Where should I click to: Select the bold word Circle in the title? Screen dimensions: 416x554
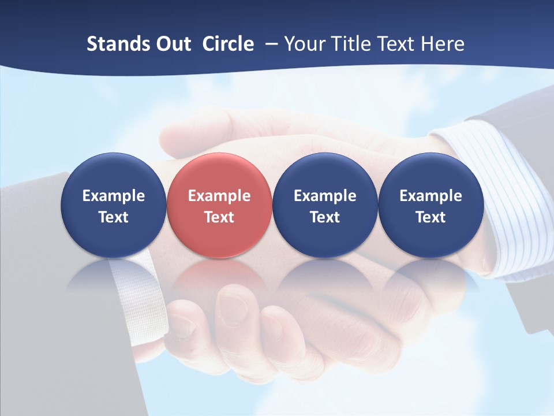click(x=228, y=44)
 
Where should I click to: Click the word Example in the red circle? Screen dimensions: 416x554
click(x=219, y=196)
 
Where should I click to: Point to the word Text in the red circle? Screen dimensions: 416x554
click(x=219, y=217)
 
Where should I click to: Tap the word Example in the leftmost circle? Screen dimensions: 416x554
click(x=114, y=196)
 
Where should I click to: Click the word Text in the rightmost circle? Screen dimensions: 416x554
click(x=431, y=217)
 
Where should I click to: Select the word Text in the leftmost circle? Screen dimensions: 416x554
click(x=114, y=217)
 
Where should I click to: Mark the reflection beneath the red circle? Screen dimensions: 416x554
click(x=219, y=274)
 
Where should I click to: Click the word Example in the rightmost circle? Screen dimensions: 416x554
click(x=431, y=196)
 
